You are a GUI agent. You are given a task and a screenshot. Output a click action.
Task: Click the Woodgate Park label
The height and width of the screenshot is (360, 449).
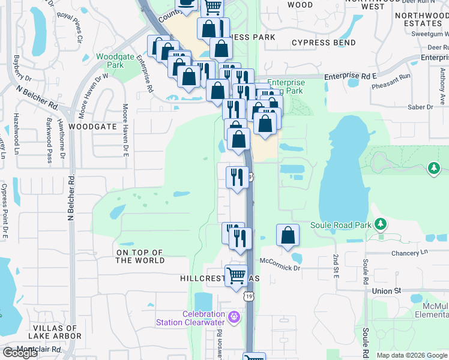click(110, 60)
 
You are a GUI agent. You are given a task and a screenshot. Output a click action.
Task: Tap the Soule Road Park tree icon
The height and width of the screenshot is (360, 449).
click(379, 224)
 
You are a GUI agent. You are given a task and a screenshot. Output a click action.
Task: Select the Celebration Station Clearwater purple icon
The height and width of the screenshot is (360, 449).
click(234, 316)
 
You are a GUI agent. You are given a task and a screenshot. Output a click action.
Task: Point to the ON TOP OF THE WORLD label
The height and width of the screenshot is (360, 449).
click(140, 256)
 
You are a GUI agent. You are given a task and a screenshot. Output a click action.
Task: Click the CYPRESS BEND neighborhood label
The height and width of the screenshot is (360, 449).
click(324, 43)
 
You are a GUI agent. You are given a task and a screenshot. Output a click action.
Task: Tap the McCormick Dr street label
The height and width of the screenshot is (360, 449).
click(280, 268)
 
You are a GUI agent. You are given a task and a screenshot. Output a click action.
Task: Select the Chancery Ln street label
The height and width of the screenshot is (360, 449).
click(410, 253)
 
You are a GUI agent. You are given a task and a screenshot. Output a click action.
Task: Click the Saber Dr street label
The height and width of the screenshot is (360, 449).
click(420, 107)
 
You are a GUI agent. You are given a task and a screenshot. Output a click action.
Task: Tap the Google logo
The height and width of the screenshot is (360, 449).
click(20, 353)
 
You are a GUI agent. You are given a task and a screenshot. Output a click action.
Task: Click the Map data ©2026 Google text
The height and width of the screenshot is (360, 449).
click(411, 355)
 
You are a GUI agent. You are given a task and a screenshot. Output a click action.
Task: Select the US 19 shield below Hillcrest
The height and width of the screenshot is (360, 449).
click(249, 296)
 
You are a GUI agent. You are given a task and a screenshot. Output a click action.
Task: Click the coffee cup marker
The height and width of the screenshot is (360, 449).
click(187, 3)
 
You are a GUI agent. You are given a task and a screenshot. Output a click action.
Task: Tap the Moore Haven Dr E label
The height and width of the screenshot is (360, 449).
click(126, 131)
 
